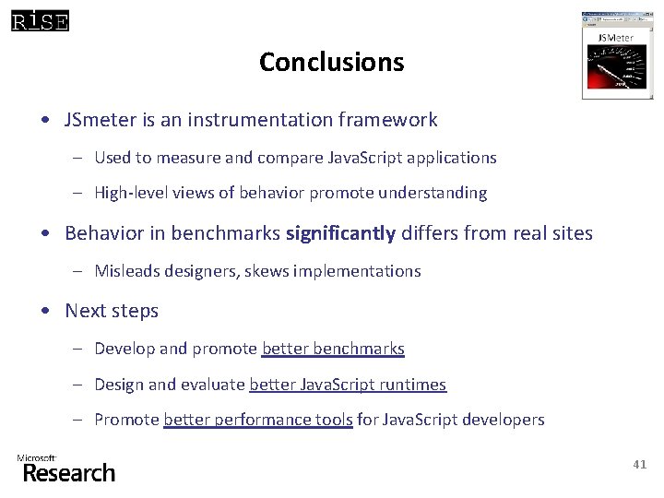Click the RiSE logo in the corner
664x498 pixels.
(40, 19)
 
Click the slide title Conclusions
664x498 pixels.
(331, 62)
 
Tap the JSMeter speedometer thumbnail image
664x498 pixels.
(616, 55)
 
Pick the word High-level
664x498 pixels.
(132, 193)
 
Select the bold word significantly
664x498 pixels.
(340, 233)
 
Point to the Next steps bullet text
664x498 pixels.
(112, 311)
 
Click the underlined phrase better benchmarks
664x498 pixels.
(333, 349)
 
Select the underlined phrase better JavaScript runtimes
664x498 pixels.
(348, 385)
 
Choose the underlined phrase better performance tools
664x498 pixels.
(258, 420)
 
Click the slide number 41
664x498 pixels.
(639, 465)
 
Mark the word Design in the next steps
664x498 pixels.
(119, 385)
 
